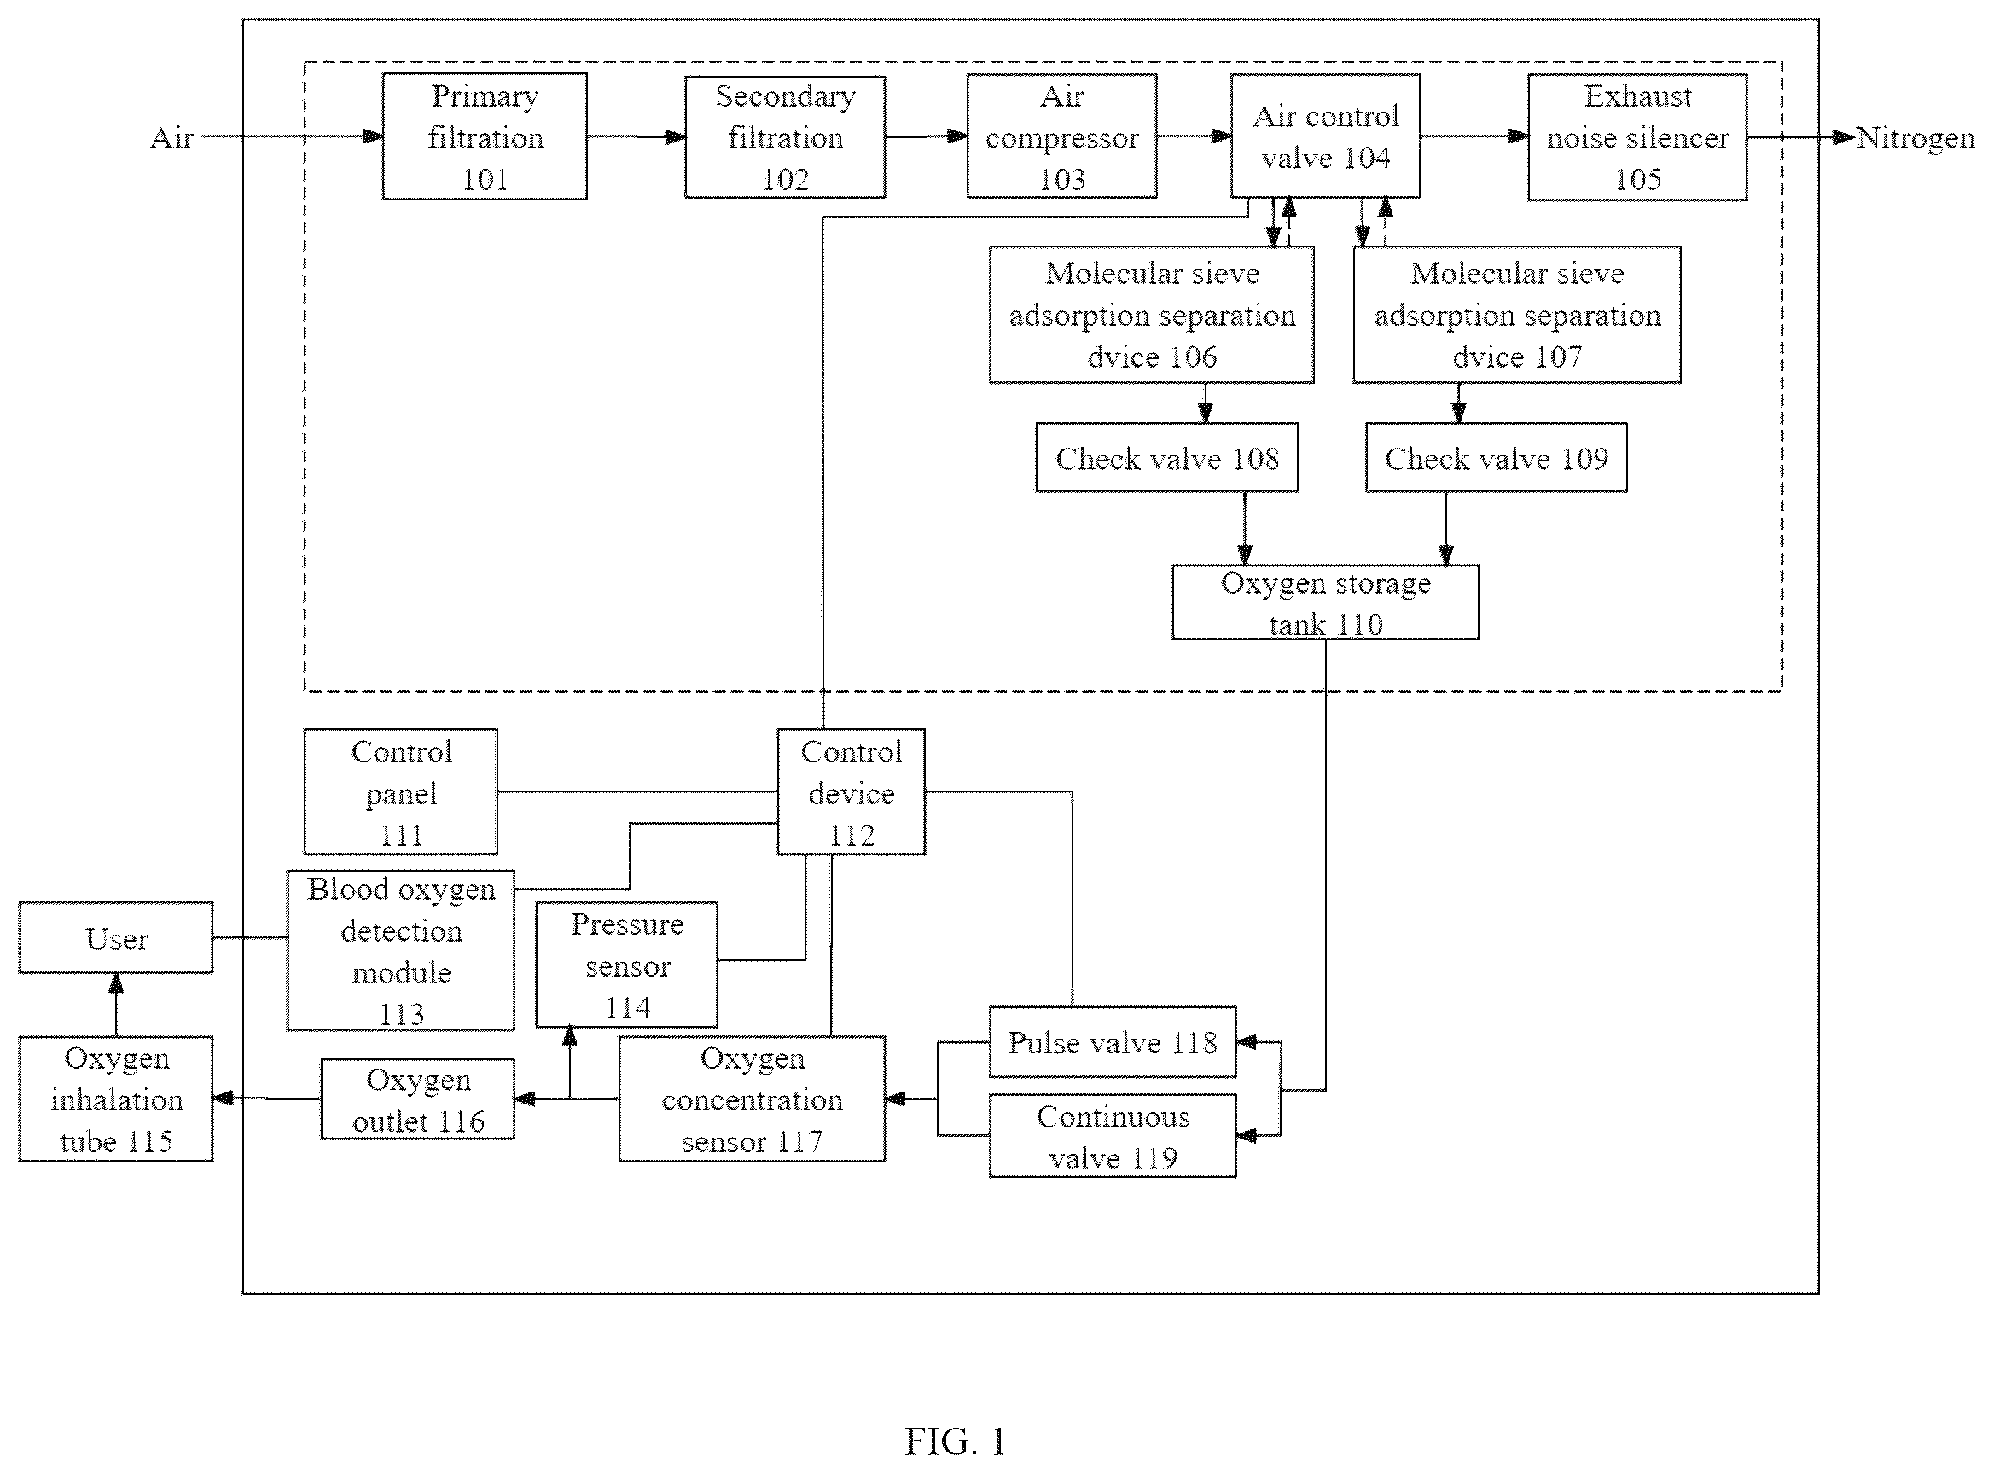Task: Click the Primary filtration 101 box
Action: pyautogui.click(x=485, y=136)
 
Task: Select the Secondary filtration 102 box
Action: pyautogui.click(x=785, y=136)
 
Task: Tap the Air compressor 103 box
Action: pyautogui.click(x=1061, y=136)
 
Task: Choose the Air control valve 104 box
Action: pyautogui.click(x=1325, y=136)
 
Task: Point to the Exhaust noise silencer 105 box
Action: pyautogui.click(x=1637, y=137)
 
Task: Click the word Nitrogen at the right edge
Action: pyautogui.click(x=1916, y=138)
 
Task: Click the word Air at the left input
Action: pyautogui.click(x=172, y=138)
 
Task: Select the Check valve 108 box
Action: pyautogui.click(x=1167, y=458)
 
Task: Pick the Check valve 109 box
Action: pyautogui.click(x=1497, y=458)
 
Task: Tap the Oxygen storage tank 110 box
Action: pyautogui.click(x=1325, y=602)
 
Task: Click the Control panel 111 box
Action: pyautogui.click(x=401, y=792)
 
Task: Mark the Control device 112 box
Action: pyautogui.click(x=852, y=792)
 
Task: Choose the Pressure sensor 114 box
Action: pyautogui.click(x=626, y=965)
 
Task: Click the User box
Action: pyautogui.click(x=116, y=938)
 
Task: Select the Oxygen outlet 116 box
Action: pyautogui.click(x=418, y=1098)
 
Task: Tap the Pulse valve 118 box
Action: pyautogui.click(x=1113, y=1041)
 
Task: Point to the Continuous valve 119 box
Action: pyautogui.click(x=1113, y=1136)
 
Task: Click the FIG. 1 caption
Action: pyautogui.click(x=956, y=1440)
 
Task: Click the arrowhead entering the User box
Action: pyautogui.click(x=116, y=982)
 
